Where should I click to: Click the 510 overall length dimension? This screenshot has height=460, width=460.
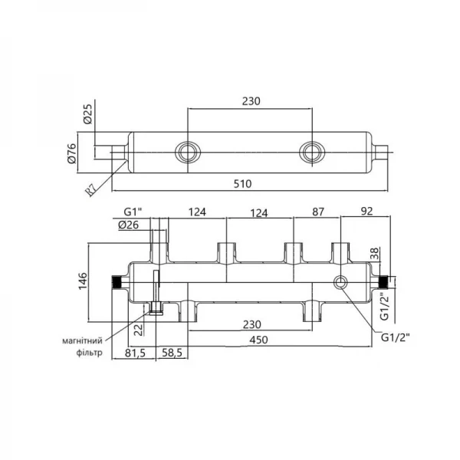pos(242,184)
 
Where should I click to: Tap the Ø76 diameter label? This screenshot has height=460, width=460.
pos(71,153)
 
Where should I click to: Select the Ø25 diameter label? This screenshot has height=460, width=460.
pos(87,113)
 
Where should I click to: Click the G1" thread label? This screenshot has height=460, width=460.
pos(133,212)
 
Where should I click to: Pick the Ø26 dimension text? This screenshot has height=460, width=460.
pos(129,225)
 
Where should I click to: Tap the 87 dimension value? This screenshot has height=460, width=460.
pos(317,212)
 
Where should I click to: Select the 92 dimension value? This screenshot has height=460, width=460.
pos(366,212)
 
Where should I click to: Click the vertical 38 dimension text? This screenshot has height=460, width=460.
pos(375,254)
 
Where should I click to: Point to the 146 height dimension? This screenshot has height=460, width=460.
pos(83,281)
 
